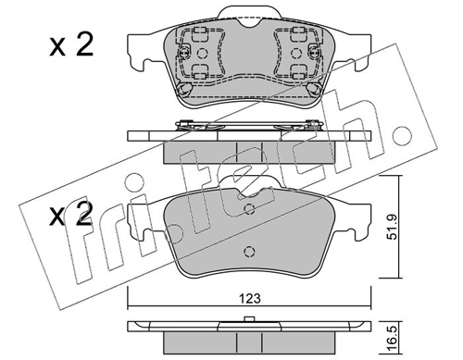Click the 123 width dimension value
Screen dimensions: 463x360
249,298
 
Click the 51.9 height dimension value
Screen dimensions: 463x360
393,227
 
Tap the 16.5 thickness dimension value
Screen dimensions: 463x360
393,340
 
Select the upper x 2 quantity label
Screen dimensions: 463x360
71,45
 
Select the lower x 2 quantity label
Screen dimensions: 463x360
71,213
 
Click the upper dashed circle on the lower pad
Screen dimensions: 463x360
249,209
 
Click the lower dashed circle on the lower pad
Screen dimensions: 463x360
249,252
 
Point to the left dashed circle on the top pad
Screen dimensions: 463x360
202,54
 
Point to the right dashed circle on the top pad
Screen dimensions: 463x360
295,54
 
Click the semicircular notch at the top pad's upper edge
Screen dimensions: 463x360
249,22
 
